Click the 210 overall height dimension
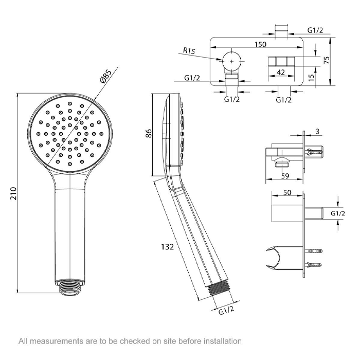coord(14,193)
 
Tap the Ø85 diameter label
coord(106,76)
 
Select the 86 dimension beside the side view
coord(149,133)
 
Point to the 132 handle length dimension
coord(167,247)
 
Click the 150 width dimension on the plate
coord(260,44)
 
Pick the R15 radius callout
coord(189,50)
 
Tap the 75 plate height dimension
coord(327,60)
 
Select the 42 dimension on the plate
coord(281,73)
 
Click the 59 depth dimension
coord(285,176)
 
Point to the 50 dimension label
coord(287,192)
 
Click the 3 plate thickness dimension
coord(317,132)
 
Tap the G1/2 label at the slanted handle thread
coord(226,311)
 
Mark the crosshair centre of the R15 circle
coord(231,61)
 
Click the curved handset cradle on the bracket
coord(273,258)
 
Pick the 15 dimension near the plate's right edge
coord(311,77)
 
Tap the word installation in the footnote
coord(223,341)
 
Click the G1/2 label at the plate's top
coord(315,30)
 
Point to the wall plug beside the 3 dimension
coord(314,152)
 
